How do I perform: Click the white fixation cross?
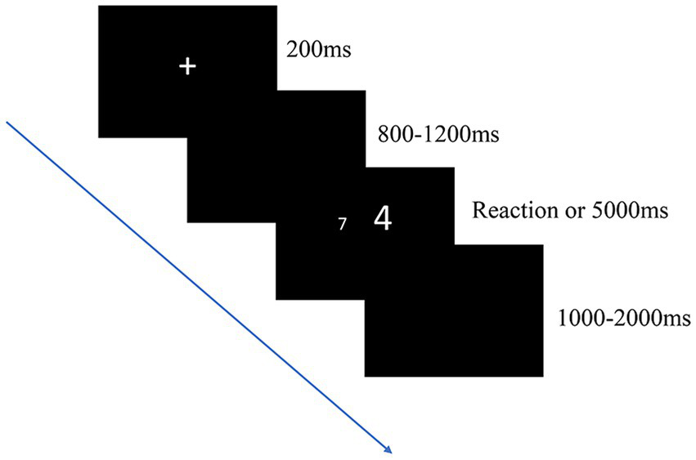pos(187,67)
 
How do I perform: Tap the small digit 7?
pos(343,222)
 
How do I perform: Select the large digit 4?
pos(384,217)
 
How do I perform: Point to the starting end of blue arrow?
pos(7,122)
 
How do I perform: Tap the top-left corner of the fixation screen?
pos(99,7)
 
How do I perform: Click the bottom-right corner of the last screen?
pos(542,376)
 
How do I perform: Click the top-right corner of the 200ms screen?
pos(276,7)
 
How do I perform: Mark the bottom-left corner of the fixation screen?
pos(99,136)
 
